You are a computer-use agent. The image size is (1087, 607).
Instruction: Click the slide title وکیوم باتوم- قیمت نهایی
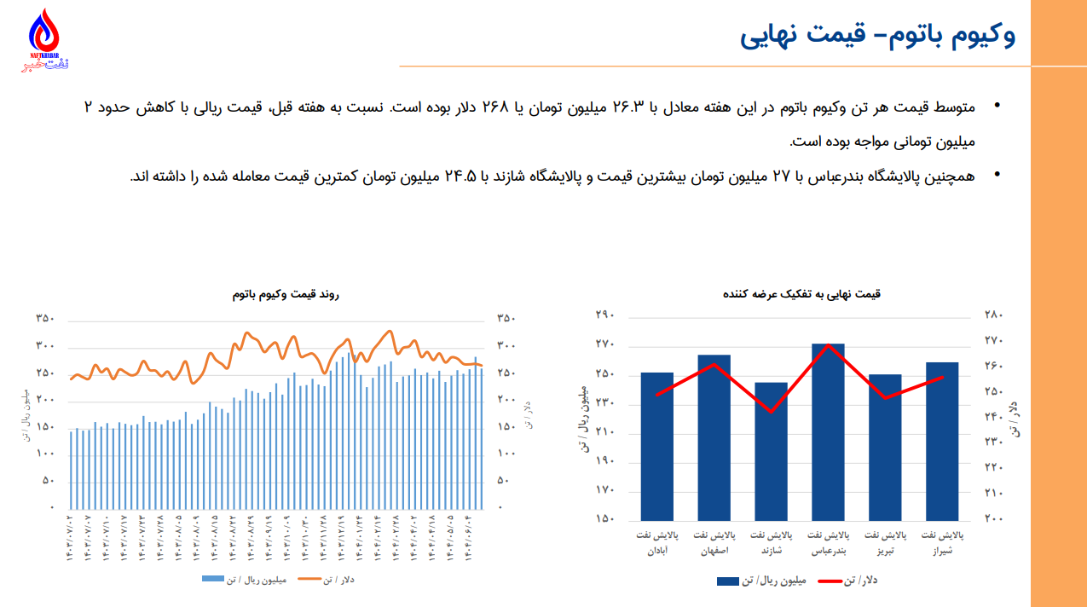pos(877,37)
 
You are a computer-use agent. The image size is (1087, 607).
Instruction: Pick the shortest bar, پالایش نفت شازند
pos(772,451)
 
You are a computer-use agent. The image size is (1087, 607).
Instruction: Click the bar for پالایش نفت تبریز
pos(885,447)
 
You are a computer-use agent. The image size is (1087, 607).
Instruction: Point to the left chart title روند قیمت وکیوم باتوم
pos(286,294)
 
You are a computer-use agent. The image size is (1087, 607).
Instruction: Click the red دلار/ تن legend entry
pos(848,581)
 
